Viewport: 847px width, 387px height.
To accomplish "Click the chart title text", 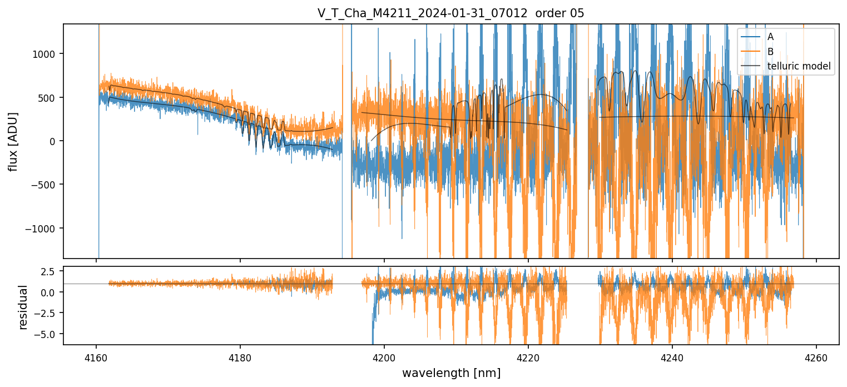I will pyautogui.click(x=451, y=13).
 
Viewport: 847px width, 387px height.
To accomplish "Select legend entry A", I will pyautogui.click(x=770, y=37).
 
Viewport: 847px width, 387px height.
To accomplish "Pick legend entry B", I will pyautogui.click(x=770, y=52).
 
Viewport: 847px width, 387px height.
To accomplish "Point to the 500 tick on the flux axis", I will pyautogui.click(x=49, y=98).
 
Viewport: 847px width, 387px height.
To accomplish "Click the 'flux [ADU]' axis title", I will pyautogui.click(x=13, y=141).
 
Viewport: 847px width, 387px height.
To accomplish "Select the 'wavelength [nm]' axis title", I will pyautogui.click(x=451, y=373).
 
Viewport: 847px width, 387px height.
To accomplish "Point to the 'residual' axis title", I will pyautogui.click(x=23, y=307).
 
